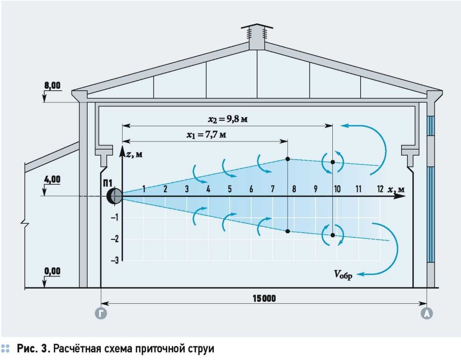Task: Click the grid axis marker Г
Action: [101, 314]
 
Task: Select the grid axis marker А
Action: [427, 314]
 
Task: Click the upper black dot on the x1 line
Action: [288, 159]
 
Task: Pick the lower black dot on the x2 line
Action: [333, 235]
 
